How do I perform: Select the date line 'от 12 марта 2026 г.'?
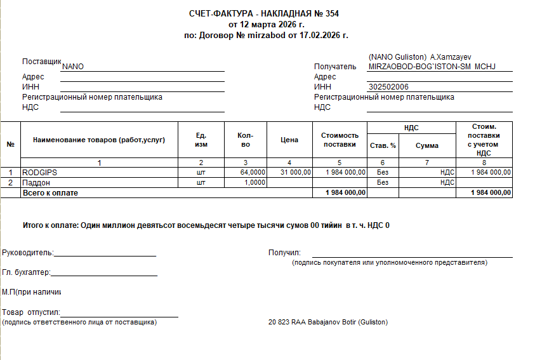pyautogui.click(x=266, y=24)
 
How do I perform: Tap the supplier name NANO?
pyautogui.click(x=73, y=67)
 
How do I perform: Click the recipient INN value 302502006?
pyautogui.click(x=388, y=87)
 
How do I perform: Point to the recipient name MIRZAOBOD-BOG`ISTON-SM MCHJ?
pyautogui.click(x=432, y=67)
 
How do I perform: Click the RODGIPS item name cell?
pyautogui.click(x=39, y=172)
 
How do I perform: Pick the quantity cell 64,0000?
pyautogui.click(x=253, y=172)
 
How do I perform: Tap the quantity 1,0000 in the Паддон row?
pyautogui.click(x=255, y=182)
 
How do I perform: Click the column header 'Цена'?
pyautogui.click(x=289, y=140)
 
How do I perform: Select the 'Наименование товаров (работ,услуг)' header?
pyautogui.click(x=99, y=140)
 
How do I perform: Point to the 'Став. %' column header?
pyautogui.click(x=383, y=145)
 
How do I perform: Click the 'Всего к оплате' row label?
pyautogui.click(x=50, y=192)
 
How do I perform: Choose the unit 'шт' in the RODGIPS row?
pyautogui.click(x=202, y=172)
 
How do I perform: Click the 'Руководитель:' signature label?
pyautogui.click(x=28, y=253)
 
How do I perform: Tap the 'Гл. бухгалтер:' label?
pyautogui.click(x=26, y=273)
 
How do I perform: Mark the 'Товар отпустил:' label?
pyautogui.click(x=31, y=312)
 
